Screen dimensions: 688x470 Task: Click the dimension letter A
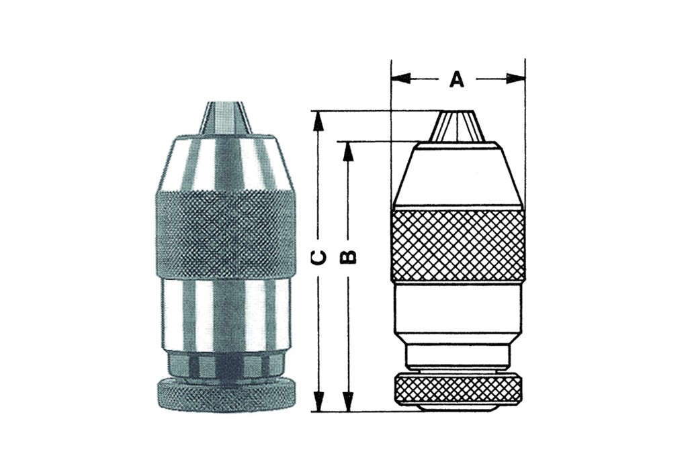[x=457, y=79]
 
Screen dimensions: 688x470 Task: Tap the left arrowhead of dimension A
[x=400, y=79]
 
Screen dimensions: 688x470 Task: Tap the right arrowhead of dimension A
[x=515, y=79]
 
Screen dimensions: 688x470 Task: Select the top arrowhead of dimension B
[x=349, y=151]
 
